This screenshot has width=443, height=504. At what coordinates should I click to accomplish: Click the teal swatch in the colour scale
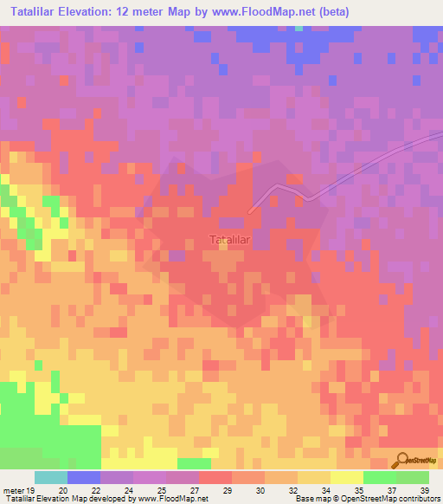click(x=51, y=477)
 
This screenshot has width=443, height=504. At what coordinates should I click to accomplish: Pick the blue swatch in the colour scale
click(x=84, y=477)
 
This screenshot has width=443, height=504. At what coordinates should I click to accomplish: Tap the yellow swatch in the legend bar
click(x=347, y=477)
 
